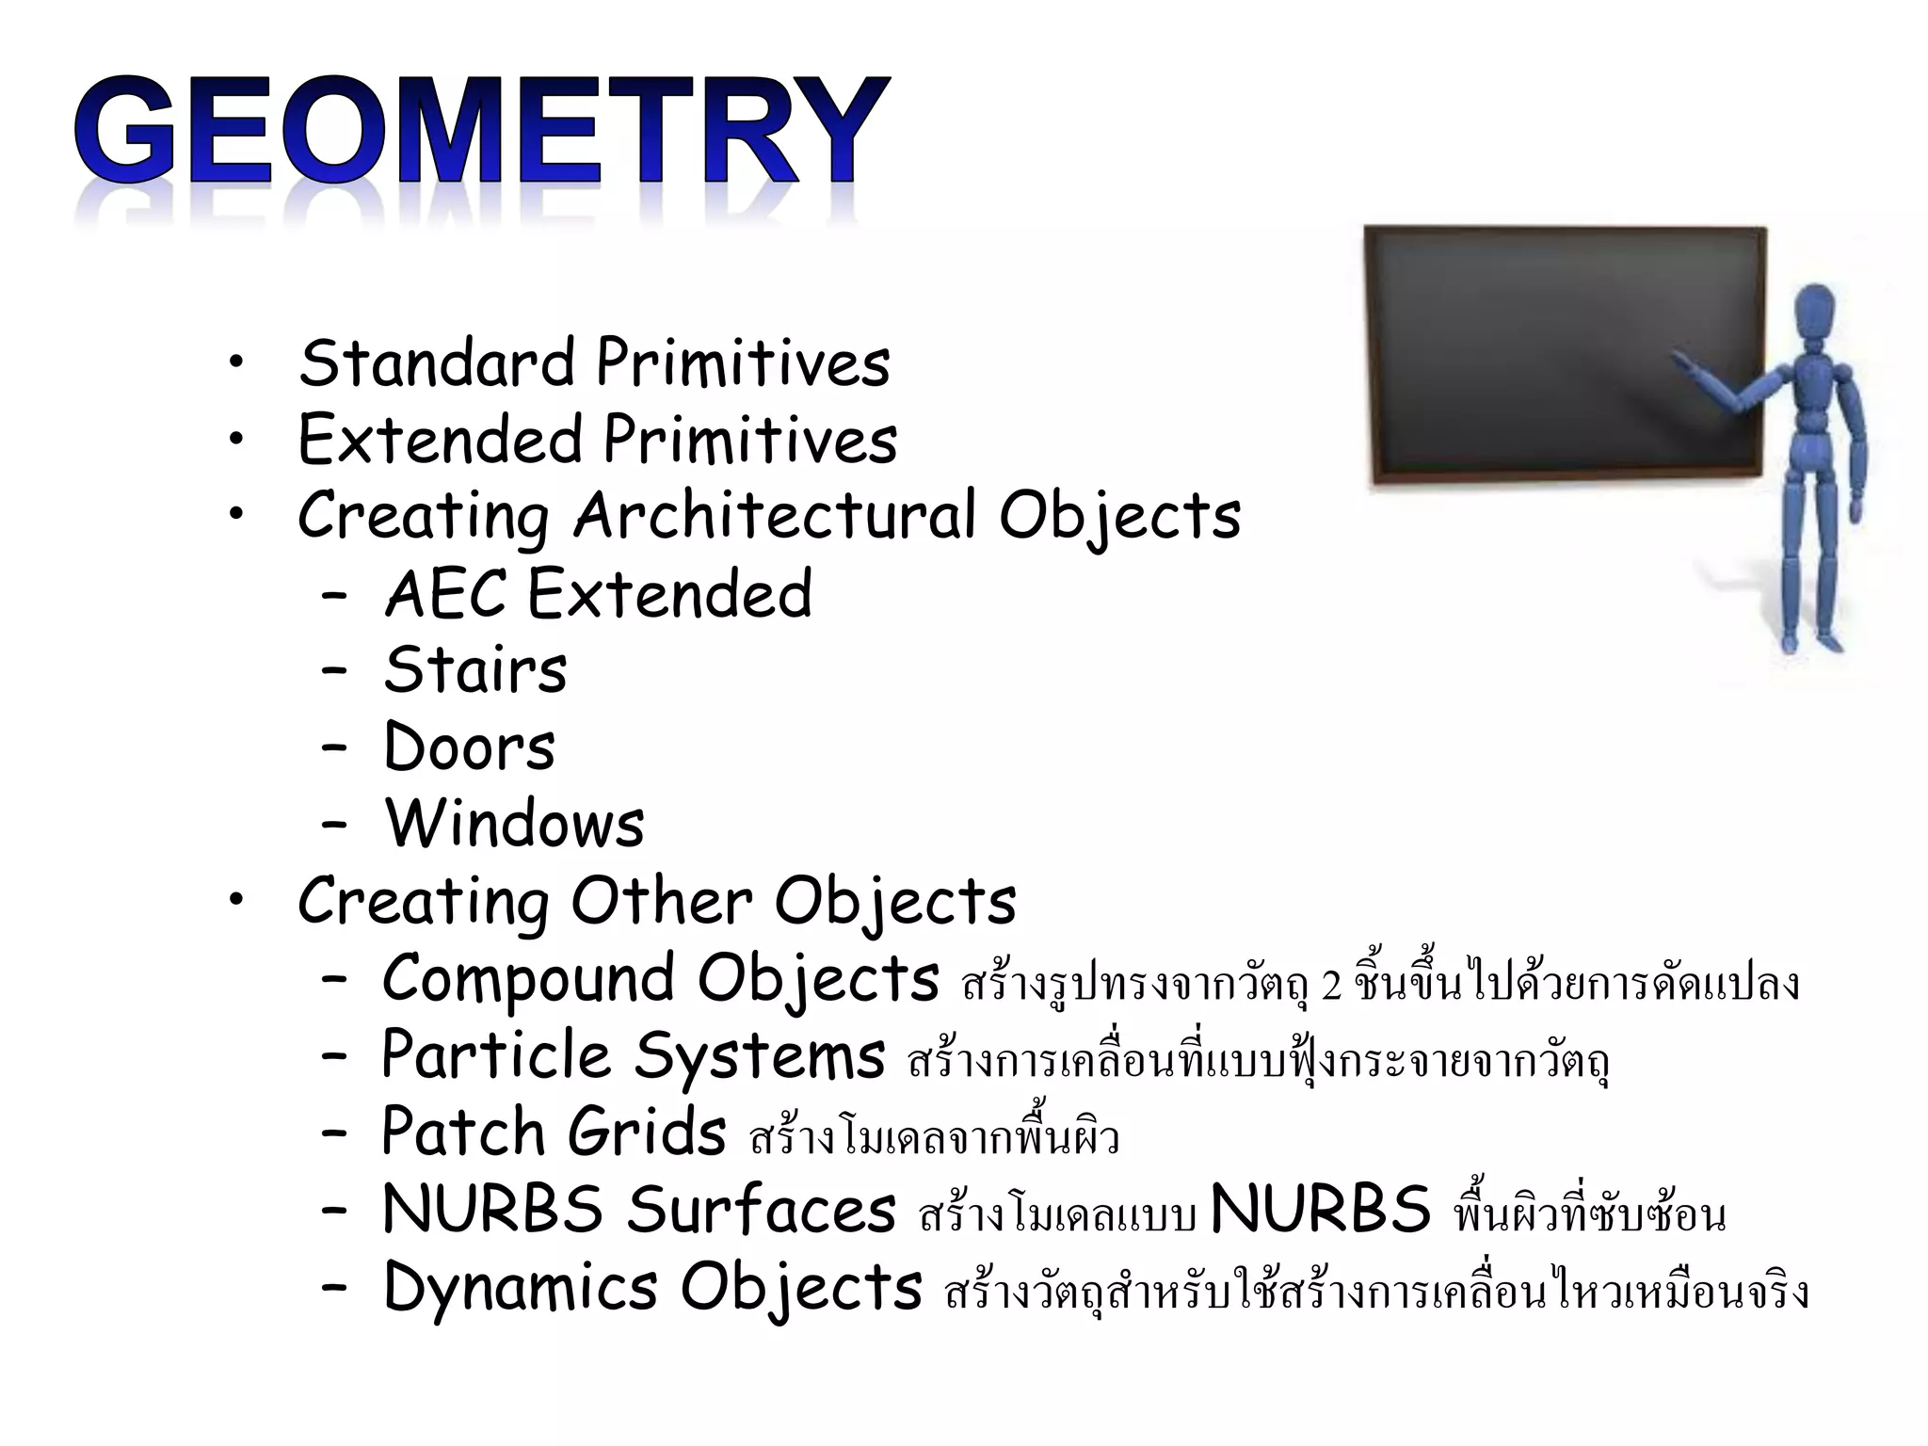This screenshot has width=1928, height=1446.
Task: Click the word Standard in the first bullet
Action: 436,363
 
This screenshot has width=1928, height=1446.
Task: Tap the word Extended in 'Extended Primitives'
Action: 440,440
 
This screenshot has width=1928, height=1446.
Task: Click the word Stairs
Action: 475,670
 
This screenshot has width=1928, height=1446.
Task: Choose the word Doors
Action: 469,747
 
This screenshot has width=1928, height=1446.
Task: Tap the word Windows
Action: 514,824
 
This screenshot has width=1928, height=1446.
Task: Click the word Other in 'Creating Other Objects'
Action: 661,901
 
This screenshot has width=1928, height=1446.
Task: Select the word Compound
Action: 528,978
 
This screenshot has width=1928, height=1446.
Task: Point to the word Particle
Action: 496,1054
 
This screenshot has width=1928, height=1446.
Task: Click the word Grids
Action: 647,1132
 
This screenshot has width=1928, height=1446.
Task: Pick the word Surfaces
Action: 761,1209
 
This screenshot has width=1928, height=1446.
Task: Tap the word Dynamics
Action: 520,1286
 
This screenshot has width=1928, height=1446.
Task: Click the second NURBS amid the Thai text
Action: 1320,1209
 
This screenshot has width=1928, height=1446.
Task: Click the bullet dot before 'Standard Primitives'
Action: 235,363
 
